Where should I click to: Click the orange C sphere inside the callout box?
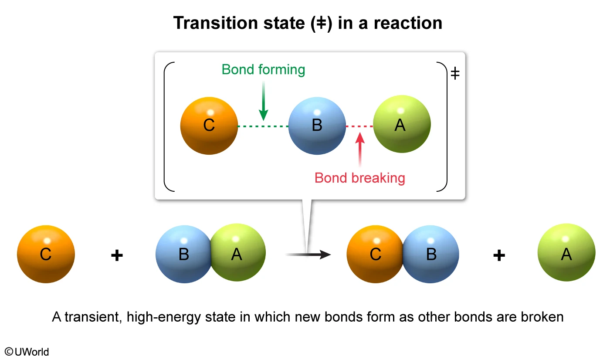click(209, 126)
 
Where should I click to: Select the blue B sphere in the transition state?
click(317, 126)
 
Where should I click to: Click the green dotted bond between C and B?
click(263, 126)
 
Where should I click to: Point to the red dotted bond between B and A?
click(359, 126)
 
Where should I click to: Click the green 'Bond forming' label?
click(263, 70)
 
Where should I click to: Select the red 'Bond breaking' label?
click(360, 178)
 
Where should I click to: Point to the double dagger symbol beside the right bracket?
click(455, 74)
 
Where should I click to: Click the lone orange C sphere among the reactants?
click(46, 254)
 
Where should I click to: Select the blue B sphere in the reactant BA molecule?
click(184, 254)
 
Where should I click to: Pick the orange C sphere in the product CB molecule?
click(375, 254)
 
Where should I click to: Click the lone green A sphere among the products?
click(566, 254)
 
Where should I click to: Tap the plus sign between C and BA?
click(117, 255)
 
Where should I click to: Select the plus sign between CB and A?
click(499, 255)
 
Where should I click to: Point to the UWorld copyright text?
click(27, 352)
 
